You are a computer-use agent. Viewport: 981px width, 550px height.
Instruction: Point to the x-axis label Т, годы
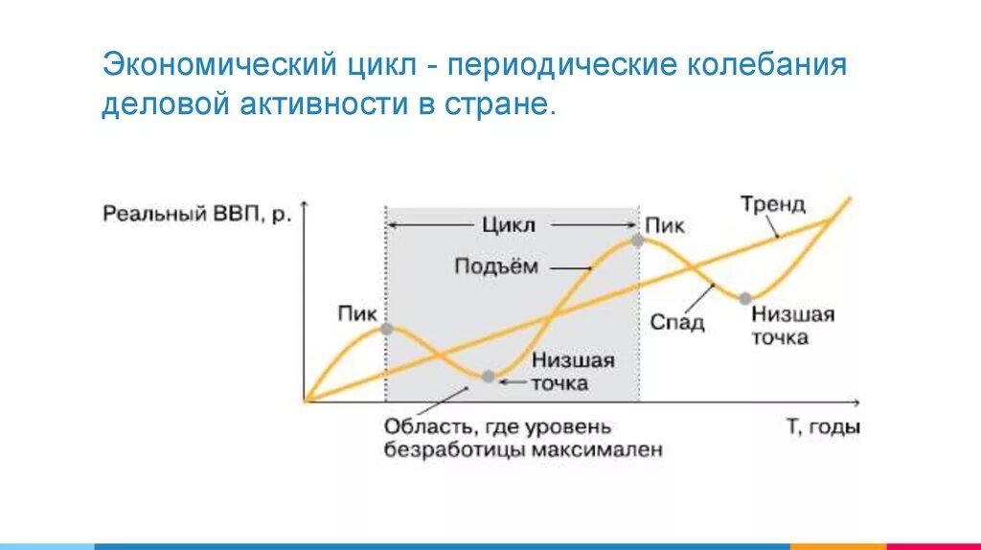[823, 426]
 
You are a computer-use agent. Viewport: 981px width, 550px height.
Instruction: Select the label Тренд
[773, 205]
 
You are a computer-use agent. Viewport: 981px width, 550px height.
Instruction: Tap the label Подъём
[496, 266]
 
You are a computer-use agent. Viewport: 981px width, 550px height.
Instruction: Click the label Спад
[677, 322]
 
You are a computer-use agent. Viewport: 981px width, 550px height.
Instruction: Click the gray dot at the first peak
[386, 329]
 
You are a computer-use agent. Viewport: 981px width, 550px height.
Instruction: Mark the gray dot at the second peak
[637, 241]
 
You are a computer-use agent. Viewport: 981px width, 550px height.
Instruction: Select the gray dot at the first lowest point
[488, 377]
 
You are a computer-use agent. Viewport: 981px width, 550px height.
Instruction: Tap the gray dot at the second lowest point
[744, 298]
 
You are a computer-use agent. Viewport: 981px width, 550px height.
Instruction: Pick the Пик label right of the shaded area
[665, 225]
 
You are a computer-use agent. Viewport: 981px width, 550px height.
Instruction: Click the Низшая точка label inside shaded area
[572, 373]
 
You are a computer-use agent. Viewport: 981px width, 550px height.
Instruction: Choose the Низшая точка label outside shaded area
[792, 326]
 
